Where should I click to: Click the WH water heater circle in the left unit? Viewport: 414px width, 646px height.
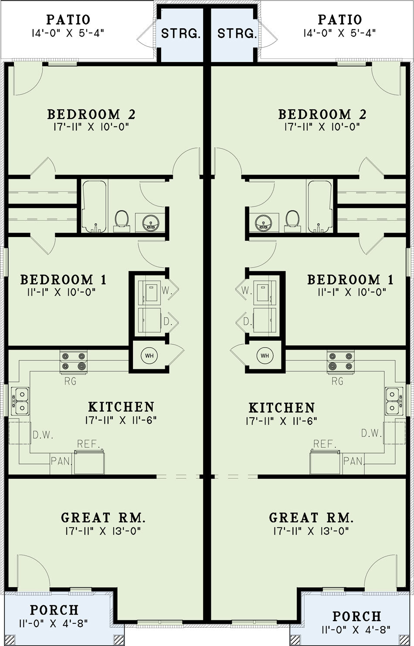149,355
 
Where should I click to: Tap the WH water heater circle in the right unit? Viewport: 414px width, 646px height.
265,355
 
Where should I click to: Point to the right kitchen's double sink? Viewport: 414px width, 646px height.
394,401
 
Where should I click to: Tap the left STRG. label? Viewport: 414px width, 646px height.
181,34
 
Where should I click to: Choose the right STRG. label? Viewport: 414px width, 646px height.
237,34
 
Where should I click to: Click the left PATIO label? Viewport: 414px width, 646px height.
68,20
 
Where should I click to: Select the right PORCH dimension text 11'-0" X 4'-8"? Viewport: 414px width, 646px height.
356,629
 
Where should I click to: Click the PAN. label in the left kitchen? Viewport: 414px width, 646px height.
61,461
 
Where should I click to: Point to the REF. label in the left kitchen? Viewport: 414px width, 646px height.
88,444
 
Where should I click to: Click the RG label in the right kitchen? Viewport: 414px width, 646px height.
338,381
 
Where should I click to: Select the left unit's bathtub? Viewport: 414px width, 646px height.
94,206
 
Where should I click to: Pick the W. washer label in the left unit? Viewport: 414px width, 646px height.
167,291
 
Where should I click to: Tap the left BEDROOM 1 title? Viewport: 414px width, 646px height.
64,280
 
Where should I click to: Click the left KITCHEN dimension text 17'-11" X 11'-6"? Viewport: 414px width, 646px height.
121,420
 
